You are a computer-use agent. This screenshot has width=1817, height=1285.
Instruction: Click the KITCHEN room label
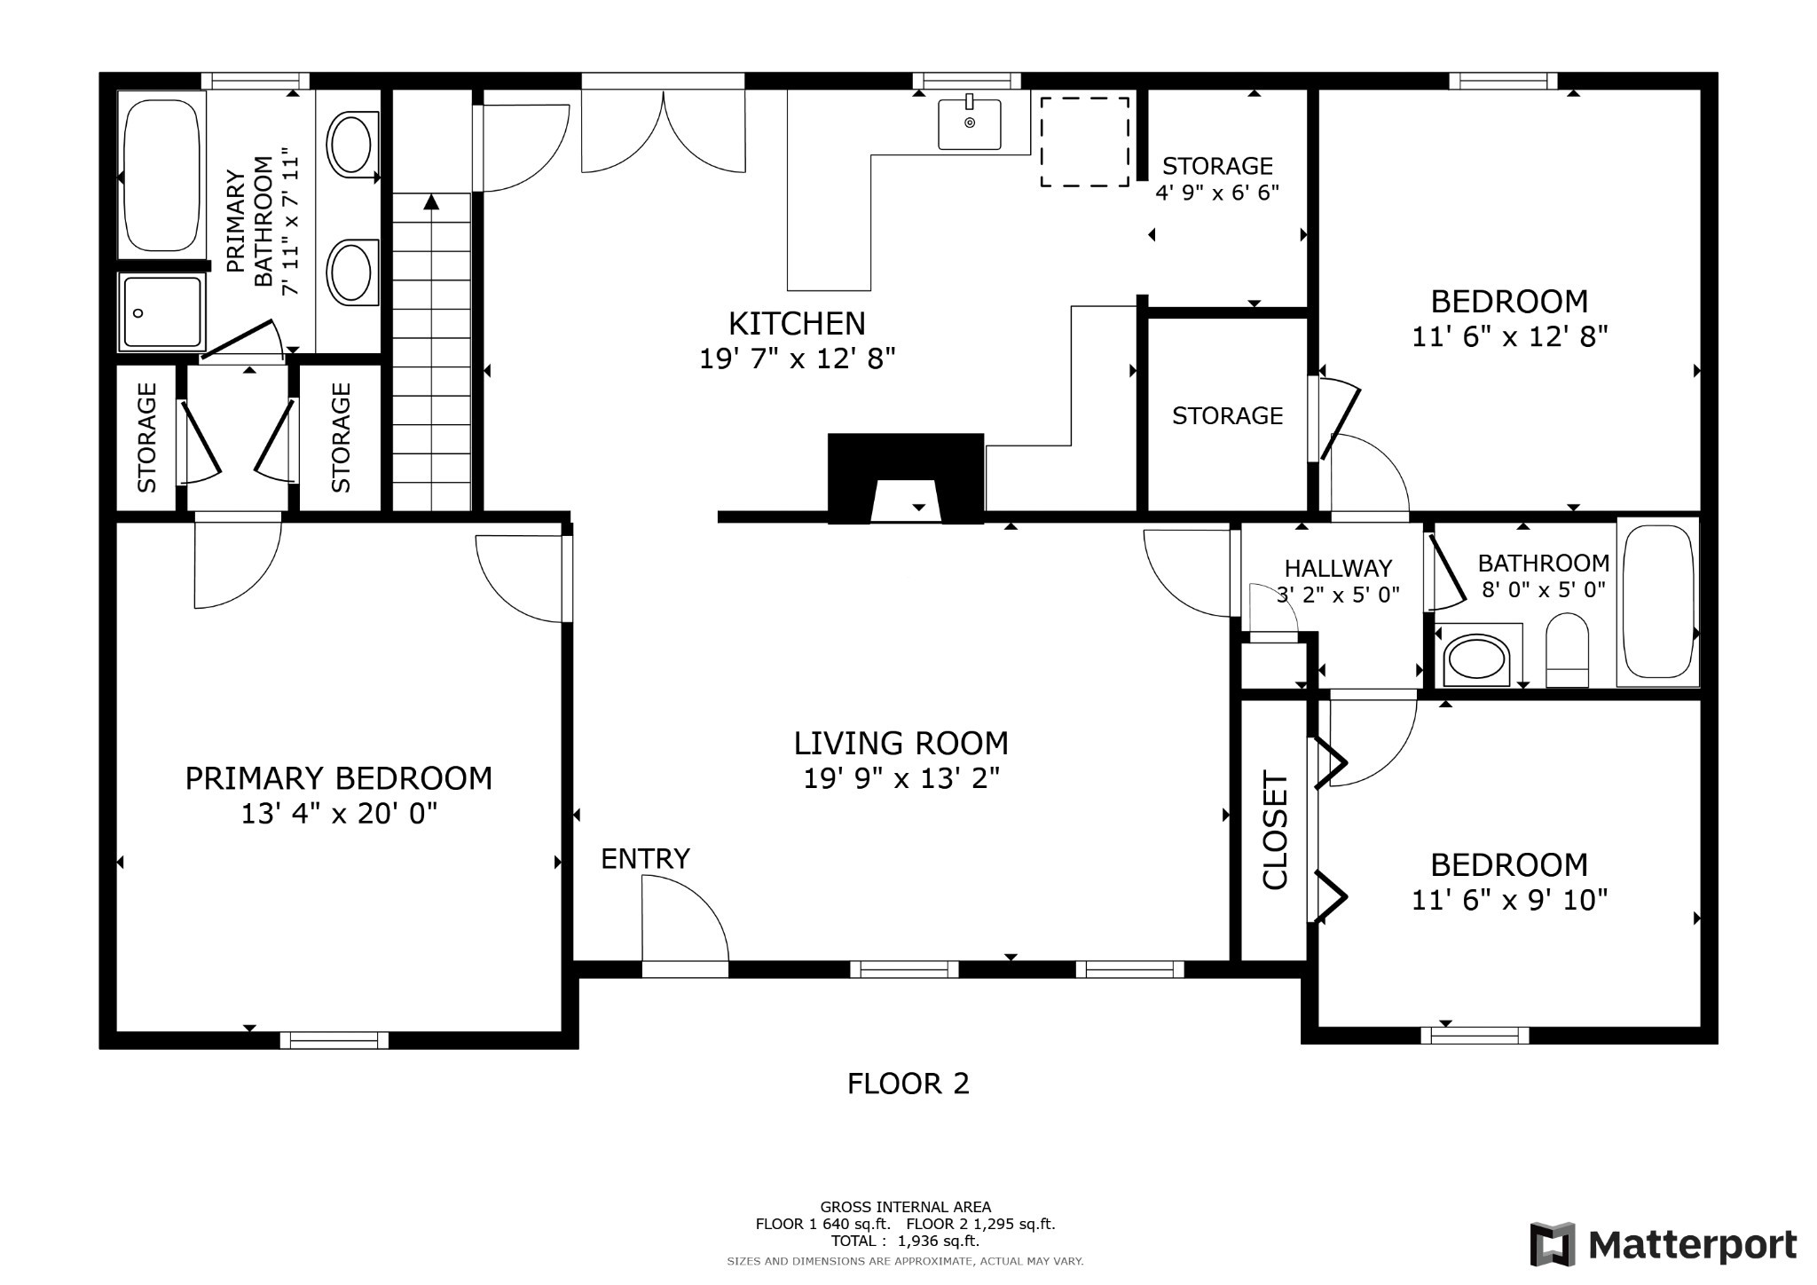(797, 323)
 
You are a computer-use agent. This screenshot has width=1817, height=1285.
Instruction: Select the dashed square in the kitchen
(1084, 142)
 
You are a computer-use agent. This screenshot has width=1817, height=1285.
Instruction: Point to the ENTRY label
(645, 859)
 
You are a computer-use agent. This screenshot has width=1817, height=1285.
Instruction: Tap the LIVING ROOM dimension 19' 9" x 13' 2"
(901, 778)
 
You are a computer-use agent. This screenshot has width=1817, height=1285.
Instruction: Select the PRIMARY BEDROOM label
(338, 778)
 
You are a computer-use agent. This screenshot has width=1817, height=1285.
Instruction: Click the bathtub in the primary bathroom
(161, 175)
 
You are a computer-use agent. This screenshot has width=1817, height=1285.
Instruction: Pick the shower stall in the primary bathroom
(161, 311)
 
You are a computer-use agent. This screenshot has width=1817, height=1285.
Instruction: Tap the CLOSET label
(1275, 830)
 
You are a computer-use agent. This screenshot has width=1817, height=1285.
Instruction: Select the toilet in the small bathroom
(1567, 650)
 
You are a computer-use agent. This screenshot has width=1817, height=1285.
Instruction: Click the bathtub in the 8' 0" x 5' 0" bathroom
(1656, 602)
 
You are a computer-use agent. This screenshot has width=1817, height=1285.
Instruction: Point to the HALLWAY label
(1338, 568)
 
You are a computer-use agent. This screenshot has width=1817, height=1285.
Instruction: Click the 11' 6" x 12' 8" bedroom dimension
(1509, 337)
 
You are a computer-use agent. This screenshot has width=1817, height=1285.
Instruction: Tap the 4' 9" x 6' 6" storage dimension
(1217, 192)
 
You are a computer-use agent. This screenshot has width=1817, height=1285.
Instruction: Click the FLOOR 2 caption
(908, 1084)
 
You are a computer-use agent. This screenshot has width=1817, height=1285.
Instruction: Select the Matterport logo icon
(1552, 1244)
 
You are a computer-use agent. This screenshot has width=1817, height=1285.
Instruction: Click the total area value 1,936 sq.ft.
(939, 1241)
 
